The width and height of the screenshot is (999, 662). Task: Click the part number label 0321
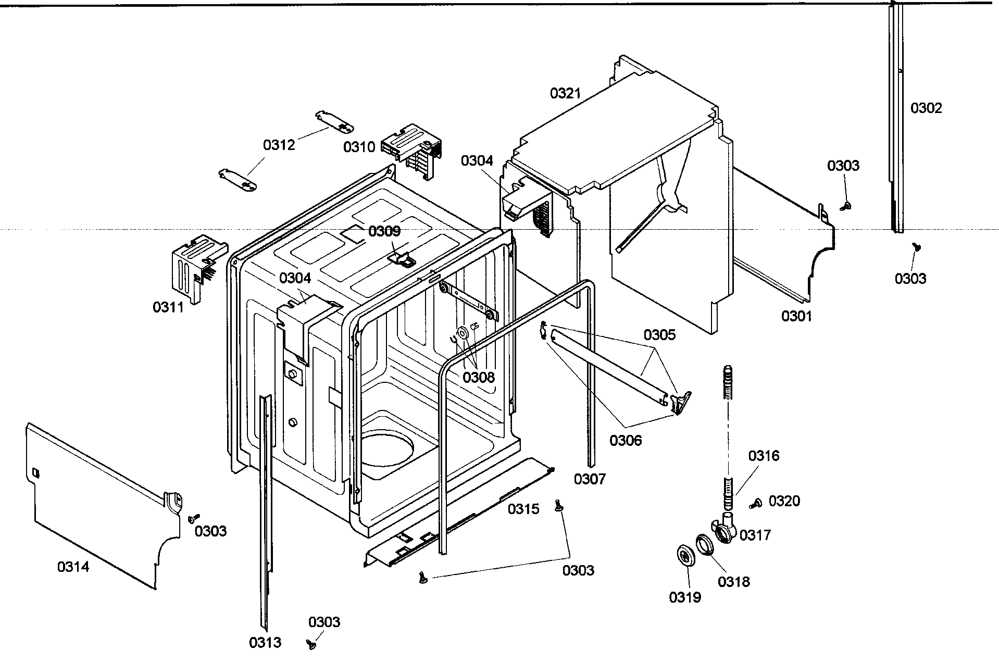(x=565, y=94)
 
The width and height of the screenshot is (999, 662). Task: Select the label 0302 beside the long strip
(x=926, y=108)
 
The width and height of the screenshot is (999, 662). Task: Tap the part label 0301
(x=796, y=316)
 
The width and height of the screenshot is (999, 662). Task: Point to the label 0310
(x=359, y=147)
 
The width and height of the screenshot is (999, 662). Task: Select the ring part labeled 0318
(x=705, y=545)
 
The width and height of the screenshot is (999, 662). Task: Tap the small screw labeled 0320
(x=756, y=503)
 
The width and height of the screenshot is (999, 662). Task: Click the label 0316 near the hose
(x=764, y=456)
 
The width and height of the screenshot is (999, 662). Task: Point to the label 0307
(x=590, y=479)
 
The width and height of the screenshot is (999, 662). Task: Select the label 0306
(x=626, y=441)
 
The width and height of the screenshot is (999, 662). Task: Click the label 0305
(x=659, y=335)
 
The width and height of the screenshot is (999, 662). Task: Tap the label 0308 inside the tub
(x=478, y=377)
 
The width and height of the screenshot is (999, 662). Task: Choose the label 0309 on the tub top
(x=384, y=231)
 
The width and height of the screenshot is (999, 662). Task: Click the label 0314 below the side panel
(x=73, y=567)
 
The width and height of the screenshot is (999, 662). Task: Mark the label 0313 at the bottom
(x=265, y=643)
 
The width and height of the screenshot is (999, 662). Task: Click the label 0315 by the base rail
(x=523, y=509)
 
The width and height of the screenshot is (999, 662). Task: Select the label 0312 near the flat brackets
(x=279, y=145)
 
